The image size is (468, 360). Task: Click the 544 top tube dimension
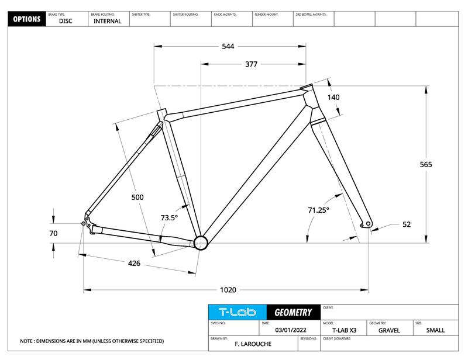pyautogui.click(x=228, y=47)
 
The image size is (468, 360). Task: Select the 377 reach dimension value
pyautogui.click(x=252, y=64)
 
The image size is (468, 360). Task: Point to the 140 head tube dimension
pyautogui.click(x=333, y=97)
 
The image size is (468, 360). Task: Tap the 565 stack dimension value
pyautogui.click(x=426, y=164)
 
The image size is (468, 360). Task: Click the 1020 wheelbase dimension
pyautogui.click(x=228, y=290)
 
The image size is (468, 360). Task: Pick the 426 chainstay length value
pyautogui.click(x=134, y=264)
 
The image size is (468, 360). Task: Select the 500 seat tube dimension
pyautogui.click(x=137, y=197)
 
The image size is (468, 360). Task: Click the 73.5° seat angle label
pyautogui.click(x=169, y=218)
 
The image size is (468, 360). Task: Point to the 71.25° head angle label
pyautogui.click(x=318, y=210)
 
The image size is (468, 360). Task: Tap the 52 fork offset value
pyautogui.click(x=407, y=224)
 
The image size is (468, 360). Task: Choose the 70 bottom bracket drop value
pyautogui.click(x=53, y=233)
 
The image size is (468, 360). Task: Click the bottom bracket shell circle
pyautogui.click(x=201, y=243)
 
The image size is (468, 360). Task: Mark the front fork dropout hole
pyautogui.click(x=368, y=223)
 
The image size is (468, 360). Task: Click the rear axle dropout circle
pyautogui.click(x=83, y=223)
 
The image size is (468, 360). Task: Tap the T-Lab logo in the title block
pyautogui.click(x=238, y=312)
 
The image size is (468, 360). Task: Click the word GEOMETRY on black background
pyautogui.click(x=293, y=313)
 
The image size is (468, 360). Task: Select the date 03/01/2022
pyautogui.click(x=291, y=330)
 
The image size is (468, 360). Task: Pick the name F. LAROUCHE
pyautogui.click(x=253, y=344)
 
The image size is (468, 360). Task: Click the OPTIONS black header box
pyautogui.click(x=27, y=19)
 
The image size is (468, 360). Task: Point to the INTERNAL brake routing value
pyautogui.click(x=108, y=21)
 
